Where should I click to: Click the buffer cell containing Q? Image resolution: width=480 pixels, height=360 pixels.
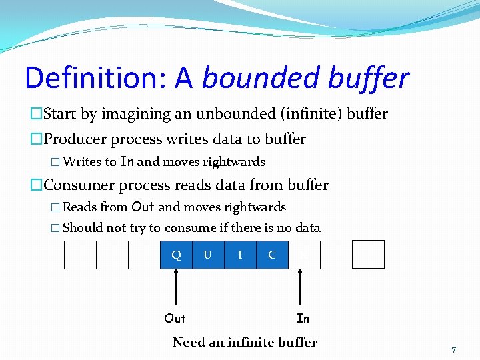176,255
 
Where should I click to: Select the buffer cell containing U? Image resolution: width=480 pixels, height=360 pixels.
208,255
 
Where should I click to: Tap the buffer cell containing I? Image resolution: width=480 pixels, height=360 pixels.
240,255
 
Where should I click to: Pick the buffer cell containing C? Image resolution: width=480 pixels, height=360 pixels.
272,255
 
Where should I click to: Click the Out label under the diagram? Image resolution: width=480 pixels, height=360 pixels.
175,318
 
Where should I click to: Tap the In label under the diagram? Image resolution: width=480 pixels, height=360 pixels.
303,319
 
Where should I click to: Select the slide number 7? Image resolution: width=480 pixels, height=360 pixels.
453,350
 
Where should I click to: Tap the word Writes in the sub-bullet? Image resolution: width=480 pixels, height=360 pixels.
81,162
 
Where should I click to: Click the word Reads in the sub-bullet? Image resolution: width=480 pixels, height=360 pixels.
80,207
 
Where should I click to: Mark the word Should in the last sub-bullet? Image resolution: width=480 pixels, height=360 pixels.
83,228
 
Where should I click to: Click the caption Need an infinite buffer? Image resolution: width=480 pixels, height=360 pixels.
245,343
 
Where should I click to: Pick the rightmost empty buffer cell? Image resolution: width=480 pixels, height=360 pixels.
368,254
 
